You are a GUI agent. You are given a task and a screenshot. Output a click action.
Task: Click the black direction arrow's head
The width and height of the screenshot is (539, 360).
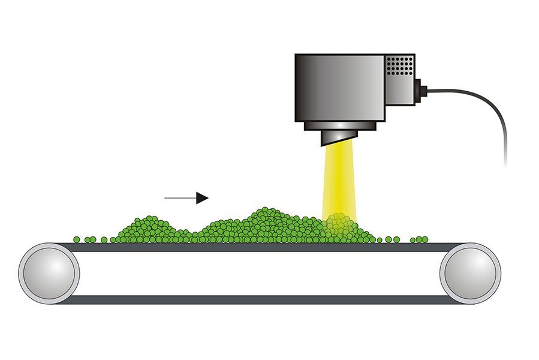pyautogui.click(x=204, y=197)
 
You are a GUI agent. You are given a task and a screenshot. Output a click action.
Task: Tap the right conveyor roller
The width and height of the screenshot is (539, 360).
pyautogui.click(x=470, y=273)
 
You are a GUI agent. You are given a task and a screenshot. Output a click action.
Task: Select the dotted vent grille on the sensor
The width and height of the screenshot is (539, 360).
pyautogui.click(x=399, y=66)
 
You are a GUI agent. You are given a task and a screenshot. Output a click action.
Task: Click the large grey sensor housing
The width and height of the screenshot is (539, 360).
pyautogui.click(x=339, y=87)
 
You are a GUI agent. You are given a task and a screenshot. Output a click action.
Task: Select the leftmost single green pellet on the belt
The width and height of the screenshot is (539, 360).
pyautogui.click(x=77, y=240)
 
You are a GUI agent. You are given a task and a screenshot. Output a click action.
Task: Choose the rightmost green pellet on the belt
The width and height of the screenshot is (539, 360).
pyautogui.click(x=425, y=240)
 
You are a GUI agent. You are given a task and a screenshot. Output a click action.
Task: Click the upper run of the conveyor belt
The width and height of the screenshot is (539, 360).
pyautogui.click(x=258, y=247)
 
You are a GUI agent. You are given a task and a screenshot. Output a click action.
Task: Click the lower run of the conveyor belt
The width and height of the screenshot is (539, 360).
pyautogui.click(x=258, y=299)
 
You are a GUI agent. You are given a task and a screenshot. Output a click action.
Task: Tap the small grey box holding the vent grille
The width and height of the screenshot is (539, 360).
pyautogui.click(x=399, y=78)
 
